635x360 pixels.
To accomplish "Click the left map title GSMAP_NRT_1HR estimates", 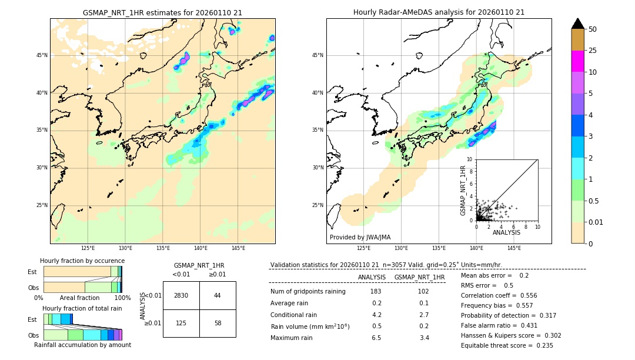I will (x=162, y=12).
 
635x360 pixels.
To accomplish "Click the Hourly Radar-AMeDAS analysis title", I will (x=439, y=12).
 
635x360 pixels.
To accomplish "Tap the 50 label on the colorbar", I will (x=593, y=29).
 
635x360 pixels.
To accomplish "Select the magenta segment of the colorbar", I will (x=577, y=61).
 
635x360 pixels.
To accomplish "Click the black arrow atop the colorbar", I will (x=577, y=24).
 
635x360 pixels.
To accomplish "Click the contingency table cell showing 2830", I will (x=181, y=295).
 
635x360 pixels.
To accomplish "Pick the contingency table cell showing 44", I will (x=218, y=295).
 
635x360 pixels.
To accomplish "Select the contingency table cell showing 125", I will (x=181, y=323).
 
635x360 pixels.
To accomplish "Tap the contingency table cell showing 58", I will (x=218, y=323).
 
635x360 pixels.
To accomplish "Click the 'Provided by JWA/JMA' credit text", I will (x=360, y=237).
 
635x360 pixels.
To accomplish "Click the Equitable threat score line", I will (x=507, y=345).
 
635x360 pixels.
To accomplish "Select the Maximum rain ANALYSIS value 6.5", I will (x=376, y=338).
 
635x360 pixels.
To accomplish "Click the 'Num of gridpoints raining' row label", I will (x=308, y=292).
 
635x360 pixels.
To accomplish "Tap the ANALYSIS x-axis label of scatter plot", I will (x=506, y=232).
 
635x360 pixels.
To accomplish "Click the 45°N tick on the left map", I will (x=42, y=55).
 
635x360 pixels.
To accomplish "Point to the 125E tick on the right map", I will (x=364, y=248).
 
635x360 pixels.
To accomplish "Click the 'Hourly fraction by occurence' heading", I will (x=82, y=261).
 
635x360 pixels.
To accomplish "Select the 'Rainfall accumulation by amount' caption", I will (x=82, y=345).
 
